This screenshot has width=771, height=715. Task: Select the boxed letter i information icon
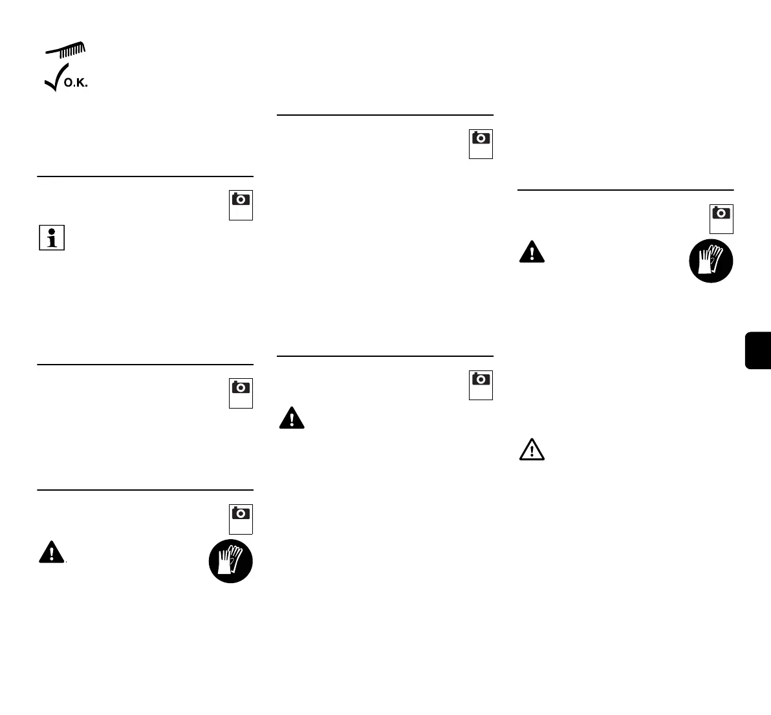[52, 238]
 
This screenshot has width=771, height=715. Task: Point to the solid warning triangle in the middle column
[292, 418]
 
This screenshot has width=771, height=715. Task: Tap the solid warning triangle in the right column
[532, 251]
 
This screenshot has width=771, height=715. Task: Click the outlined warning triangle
[532, 450]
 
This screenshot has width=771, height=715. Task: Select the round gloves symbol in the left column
[231, 561]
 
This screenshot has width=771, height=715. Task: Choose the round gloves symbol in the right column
[711, 261]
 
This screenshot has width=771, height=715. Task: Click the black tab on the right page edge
[758, 350]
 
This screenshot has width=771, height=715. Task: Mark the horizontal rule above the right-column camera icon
[625, 189]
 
